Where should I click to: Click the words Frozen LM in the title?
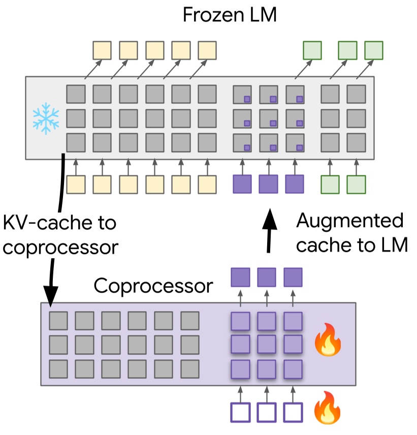click(230, 15)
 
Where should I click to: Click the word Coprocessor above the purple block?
click(153, 286)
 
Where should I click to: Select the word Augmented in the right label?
click(349, 221)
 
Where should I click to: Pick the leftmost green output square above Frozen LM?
click(312, 50)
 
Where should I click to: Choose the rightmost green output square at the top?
click(374, 50)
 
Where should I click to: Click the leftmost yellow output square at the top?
click(102, 50)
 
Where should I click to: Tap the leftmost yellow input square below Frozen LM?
click(76, 184)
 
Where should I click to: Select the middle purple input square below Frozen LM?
click(268, 184)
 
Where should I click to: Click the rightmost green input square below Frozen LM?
click(356, 184)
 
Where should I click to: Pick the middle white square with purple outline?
click(267, 412)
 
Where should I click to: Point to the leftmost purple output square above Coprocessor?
click(241, 277)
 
